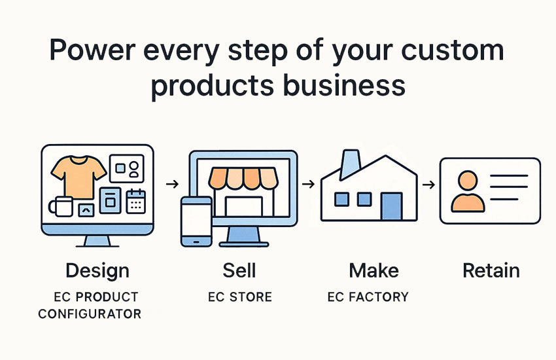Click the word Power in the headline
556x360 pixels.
click(92, 50)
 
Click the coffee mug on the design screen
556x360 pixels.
click(61, 206)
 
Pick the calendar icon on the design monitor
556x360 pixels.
click(136, 201)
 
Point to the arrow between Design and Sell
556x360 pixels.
click(172, 184)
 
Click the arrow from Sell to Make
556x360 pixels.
click(309, 184)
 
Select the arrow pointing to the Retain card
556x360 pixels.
click(428, 185)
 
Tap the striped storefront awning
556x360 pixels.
click(243, 178)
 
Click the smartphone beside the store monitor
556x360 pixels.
click(196, 221)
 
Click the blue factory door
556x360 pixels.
click(391, 206)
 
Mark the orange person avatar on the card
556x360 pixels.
click(468, 192)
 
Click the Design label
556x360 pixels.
click(97, 272)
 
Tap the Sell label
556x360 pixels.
click(239, 270)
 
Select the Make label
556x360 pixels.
click(374, 270)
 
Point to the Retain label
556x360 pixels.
click(491, 270)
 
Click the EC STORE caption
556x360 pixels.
click(240, 297)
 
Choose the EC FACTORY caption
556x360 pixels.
click(368, 297)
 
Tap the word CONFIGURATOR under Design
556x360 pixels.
click(90, 314)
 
